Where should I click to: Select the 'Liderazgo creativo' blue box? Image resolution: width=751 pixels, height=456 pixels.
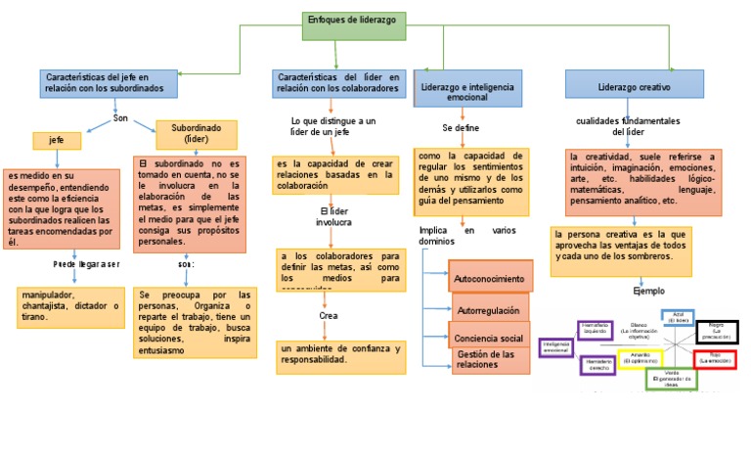(634, 85)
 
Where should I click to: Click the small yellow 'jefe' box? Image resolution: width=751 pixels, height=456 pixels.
(57, 141)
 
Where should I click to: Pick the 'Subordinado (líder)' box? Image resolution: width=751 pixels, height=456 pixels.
(197, 133)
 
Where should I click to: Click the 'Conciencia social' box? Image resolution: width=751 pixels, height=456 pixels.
(490, 338)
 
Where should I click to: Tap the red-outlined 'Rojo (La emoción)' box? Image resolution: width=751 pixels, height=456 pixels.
(715, 359)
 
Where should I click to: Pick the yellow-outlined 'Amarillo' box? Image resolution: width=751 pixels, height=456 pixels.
(641, 358)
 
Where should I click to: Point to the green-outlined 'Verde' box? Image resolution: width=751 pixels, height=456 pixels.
(671, 380)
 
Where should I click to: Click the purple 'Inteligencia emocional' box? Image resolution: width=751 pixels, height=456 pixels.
(555, 347)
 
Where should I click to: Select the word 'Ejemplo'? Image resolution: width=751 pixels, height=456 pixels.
(648, 292)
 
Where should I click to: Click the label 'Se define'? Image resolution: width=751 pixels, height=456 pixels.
(460, 128)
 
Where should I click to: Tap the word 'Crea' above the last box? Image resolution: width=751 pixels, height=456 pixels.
(329, 315)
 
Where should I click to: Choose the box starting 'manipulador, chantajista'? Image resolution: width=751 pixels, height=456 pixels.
(69, 306)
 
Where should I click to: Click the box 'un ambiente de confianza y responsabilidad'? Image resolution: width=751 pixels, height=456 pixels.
(340, 354)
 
